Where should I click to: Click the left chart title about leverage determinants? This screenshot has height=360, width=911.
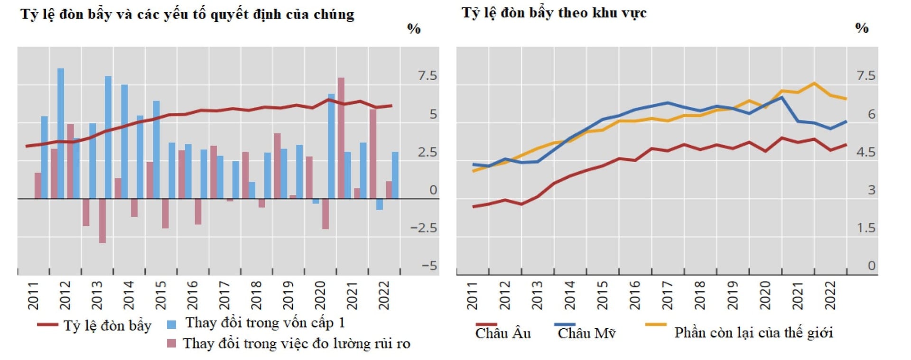point(187,14)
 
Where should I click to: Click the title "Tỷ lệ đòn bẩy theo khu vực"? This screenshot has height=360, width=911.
point(554,13)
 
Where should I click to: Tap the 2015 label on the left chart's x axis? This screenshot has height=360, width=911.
point(160,295)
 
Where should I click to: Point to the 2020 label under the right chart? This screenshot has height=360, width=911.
point(764,295)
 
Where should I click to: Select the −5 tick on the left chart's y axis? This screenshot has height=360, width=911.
point(429,266)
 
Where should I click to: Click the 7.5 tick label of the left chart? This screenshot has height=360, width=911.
point(427,76)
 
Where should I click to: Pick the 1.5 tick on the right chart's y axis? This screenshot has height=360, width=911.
point(866,228)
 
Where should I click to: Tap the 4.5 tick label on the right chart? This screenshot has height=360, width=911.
point(866,152)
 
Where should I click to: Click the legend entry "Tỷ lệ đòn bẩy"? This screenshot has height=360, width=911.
point(107,326)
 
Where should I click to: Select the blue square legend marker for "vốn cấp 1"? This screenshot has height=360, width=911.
point(172,324)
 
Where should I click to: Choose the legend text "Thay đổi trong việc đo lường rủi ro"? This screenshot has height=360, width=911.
point(297,343)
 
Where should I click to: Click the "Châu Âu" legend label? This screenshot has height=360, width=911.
point(503,333)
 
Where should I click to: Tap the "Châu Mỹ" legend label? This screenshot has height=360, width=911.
point(586,333)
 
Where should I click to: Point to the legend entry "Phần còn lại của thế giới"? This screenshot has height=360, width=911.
point(753,332)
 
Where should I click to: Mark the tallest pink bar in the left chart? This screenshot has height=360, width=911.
point(341,138)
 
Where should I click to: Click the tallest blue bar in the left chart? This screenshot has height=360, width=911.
point(61,133)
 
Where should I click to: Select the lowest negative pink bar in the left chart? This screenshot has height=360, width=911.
point(102,221)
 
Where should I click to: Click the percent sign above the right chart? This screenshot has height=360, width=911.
point(862,28)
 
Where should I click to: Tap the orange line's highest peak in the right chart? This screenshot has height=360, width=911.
point(814,83)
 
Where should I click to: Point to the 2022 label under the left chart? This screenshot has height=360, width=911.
point(383,295)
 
